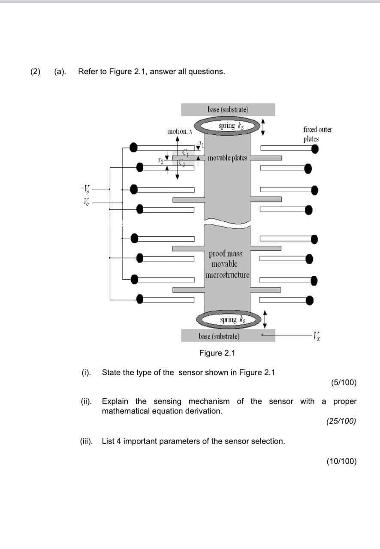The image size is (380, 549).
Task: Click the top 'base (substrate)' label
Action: click(228, 109)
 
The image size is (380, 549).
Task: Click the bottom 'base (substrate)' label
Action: click(219, 336)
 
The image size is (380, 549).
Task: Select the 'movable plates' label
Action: click(227, 158)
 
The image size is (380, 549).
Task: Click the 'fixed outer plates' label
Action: click(317, 134)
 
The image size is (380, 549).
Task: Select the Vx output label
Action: click(318, 335)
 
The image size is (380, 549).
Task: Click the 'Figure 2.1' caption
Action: click(217, 353)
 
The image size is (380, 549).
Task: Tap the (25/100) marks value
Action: click(341, 421)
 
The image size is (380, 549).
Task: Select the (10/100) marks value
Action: click(341, 461)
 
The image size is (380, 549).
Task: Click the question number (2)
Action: click(35, 71)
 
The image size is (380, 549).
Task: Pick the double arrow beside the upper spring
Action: click(264, 126)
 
